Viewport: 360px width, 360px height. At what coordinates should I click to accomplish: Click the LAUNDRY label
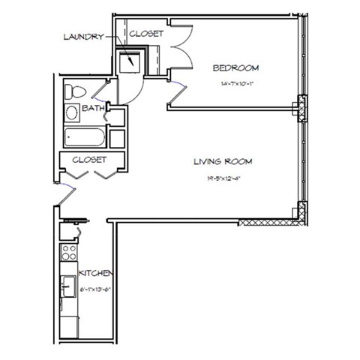82,37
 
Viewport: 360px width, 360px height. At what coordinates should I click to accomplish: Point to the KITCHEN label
95,273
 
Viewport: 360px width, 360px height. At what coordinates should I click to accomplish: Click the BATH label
92,109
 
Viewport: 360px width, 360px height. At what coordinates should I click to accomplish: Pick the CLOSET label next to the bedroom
147,34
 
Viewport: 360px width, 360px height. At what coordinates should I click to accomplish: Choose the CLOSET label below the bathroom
89,160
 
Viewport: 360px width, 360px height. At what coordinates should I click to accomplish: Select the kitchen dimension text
95,286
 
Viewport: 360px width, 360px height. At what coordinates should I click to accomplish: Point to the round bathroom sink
72,114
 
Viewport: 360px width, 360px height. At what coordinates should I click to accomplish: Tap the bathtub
84,138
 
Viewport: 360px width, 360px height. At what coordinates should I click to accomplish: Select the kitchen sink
69,285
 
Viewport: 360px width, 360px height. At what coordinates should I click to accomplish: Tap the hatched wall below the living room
270,222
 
